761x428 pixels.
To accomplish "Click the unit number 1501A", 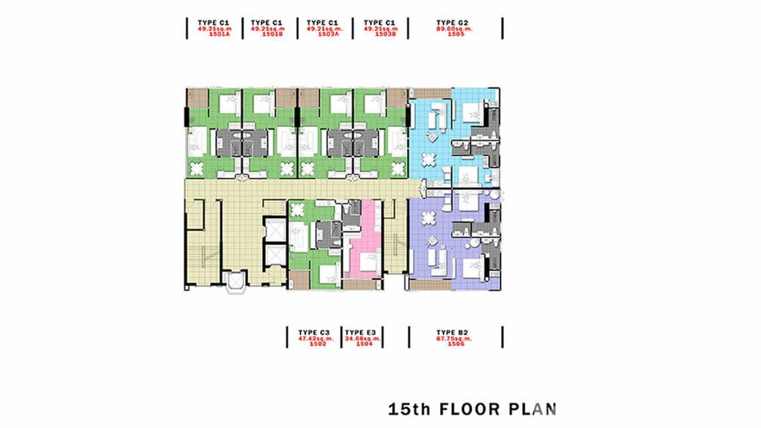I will [x=218, y=34].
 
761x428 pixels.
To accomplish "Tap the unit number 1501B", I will [x=273, y=34].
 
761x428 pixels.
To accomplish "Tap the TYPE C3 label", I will [x=314, y=332].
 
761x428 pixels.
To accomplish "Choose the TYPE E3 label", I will [x=362, y=332].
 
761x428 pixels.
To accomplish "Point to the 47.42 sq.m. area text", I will [x=314, y=338].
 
